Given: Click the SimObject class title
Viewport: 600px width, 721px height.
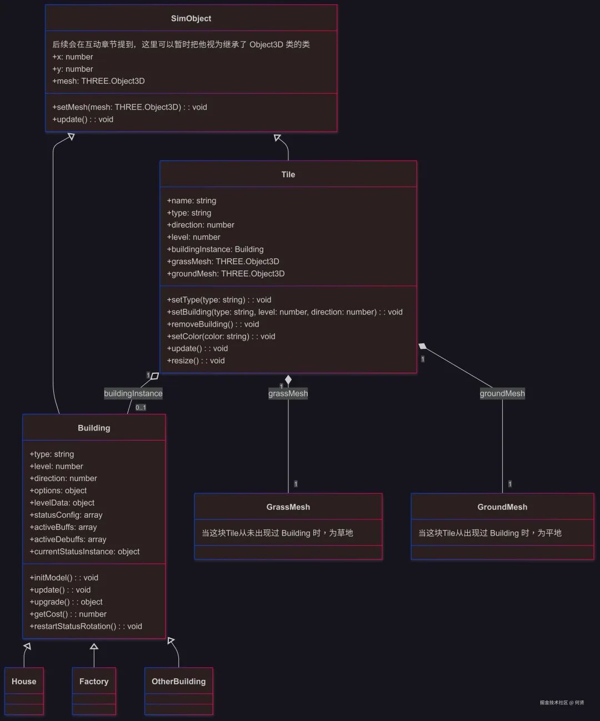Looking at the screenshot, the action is pyautogui.click(x=191, y=18).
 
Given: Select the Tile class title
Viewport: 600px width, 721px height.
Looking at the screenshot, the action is pyautogui.click(x=288, y=174).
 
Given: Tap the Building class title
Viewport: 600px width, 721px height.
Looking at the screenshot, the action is pyautogui.click(x=94, y=428).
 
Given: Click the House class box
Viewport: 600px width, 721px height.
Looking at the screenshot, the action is pyautogui.click(x=24, y=690).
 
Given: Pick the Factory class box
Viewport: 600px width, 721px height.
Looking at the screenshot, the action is pyautogui.click(x=94, y=690).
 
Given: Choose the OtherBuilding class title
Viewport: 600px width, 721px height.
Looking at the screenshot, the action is pyautogui.click(x=178, y=682).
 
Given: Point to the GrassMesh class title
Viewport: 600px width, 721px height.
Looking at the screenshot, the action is pyautogui.click(x=288, y=507).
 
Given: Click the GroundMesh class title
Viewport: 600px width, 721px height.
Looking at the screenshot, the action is pyautogui.click(x=502, y=507).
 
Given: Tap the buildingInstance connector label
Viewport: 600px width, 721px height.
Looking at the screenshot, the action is pyautogui.click(x=133, y=393).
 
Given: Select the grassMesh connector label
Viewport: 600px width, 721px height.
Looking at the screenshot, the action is pyautogui.click(x=288, y=393).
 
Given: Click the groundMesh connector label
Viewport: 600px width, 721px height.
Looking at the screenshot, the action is pyautogui.click(x=502, y=393).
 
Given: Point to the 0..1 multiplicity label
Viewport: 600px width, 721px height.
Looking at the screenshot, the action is pyautogui.click(x=141, y=408).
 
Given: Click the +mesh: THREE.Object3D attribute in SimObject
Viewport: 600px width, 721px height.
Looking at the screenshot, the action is pyautogui.click(x=98, y=81).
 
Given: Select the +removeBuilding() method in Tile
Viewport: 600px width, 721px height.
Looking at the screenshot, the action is pyautogui.click(x=213, y=324).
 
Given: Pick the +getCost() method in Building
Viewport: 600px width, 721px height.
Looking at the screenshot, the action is pyautogui.click(x=68, y=614).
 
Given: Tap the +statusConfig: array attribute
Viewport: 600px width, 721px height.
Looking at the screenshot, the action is pyautogui.click(x=66, y=515).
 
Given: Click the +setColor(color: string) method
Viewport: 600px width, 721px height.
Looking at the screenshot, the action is pyautogui.click(x=221, y=336).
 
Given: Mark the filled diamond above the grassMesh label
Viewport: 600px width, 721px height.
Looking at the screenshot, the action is pyautogui.click(x=288, y=380).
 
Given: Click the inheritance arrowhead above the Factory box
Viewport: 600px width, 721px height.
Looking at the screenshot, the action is pyautogui.click(x=94, y=647).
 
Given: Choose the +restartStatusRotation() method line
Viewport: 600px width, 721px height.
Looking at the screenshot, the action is pyautogui.click(x=86, y=627).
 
